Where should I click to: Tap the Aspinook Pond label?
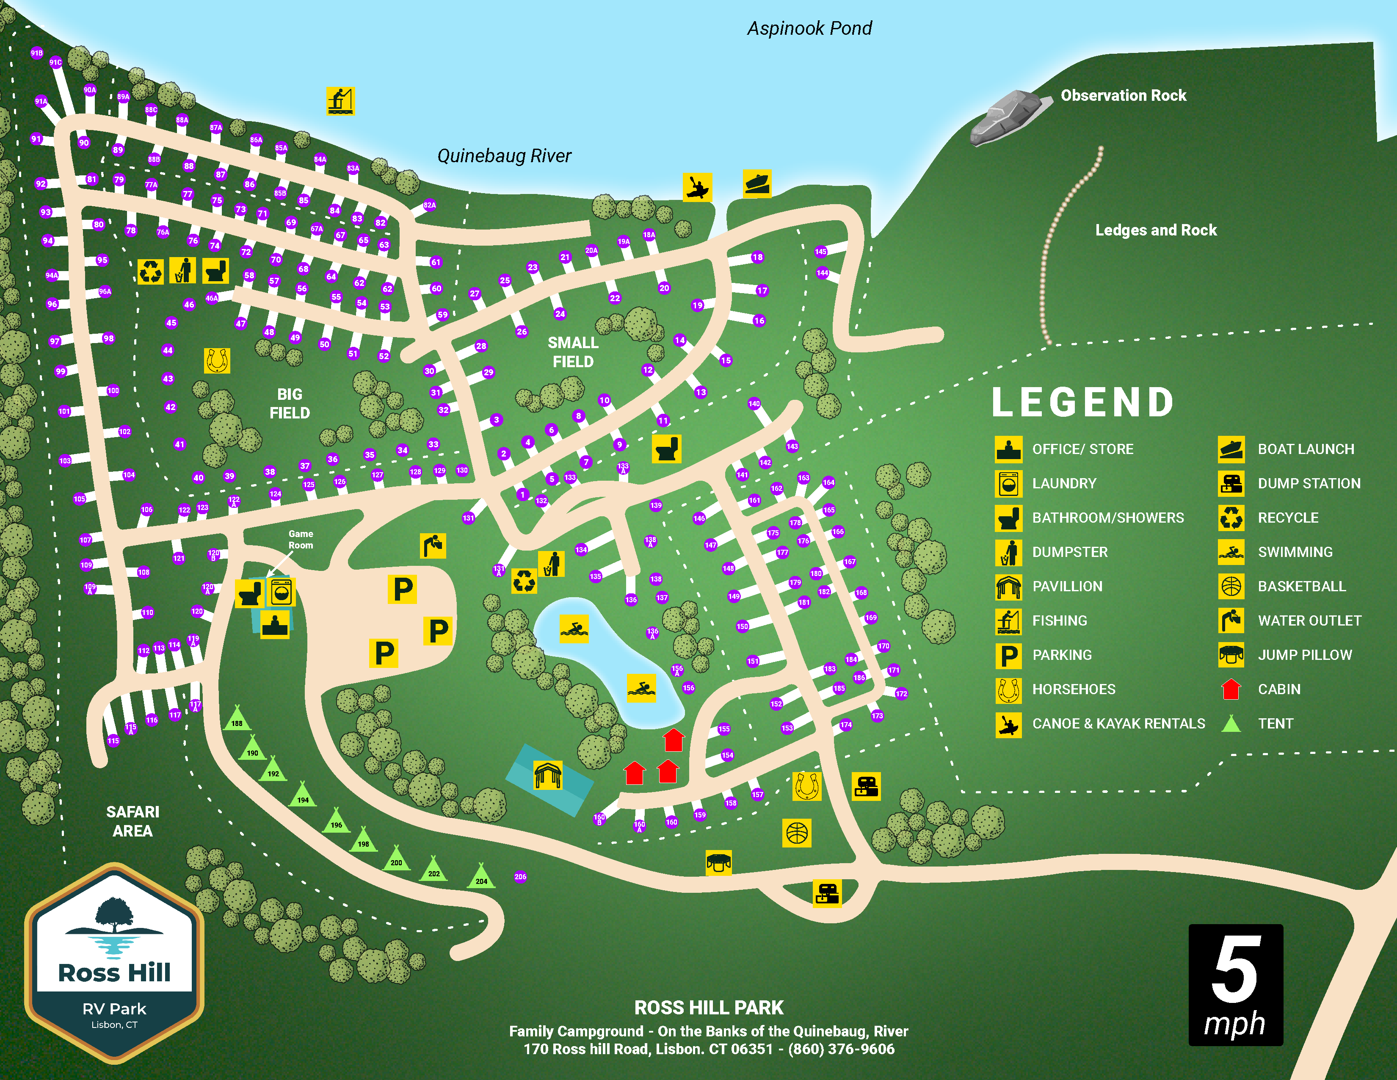pyautogui.click(x=809, y=28)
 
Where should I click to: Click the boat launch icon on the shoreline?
pyautogui.click(x=757, y=184)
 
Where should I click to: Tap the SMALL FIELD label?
pyautogui.click(x=572, y=352)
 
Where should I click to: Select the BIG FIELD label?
pyautogui.click(x=290, y=403)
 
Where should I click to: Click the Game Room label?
pyautogui.click(x=301, y=539)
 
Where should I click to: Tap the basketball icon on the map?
pyautogui.click(x=796, y=833)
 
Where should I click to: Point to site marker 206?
pyautogui.click(x=520, y=877)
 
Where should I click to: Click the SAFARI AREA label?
pyautogui.click(x=133, y=821)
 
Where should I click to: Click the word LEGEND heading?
pyautogui.click(x=1083, y=402)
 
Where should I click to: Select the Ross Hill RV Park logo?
pyautogui.click(x=114, y=963)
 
